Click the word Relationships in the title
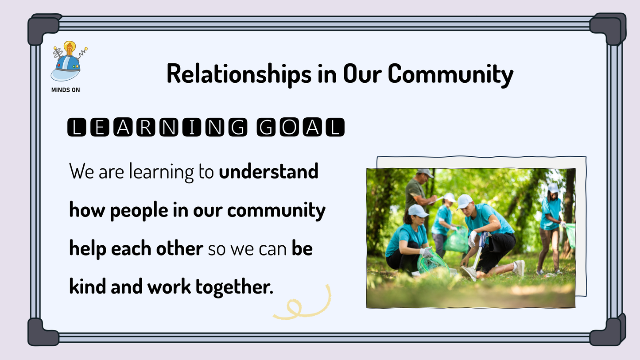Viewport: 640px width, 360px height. [239, 74]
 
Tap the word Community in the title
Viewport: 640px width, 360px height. [450, 74]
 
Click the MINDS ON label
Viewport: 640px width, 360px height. [66, 90]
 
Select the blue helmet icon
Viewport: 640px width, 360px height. [66, 68]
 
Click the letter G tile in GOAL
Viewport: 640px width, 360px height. [266, 127]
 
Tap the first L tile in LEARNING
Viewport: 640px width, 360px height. [77, 127]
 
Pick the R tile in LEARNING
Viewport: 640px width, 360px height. [146, 127]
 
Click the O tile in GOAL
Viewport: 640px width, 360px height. [289, 127]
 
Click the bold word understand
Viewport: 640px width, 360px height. [268, 171]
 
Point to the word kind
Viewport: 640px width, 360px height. [87, 286]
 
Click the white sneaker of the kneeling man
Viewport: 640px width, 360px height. [520, 268]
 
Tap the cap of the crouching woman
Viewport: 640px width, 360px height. [417, 211]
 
